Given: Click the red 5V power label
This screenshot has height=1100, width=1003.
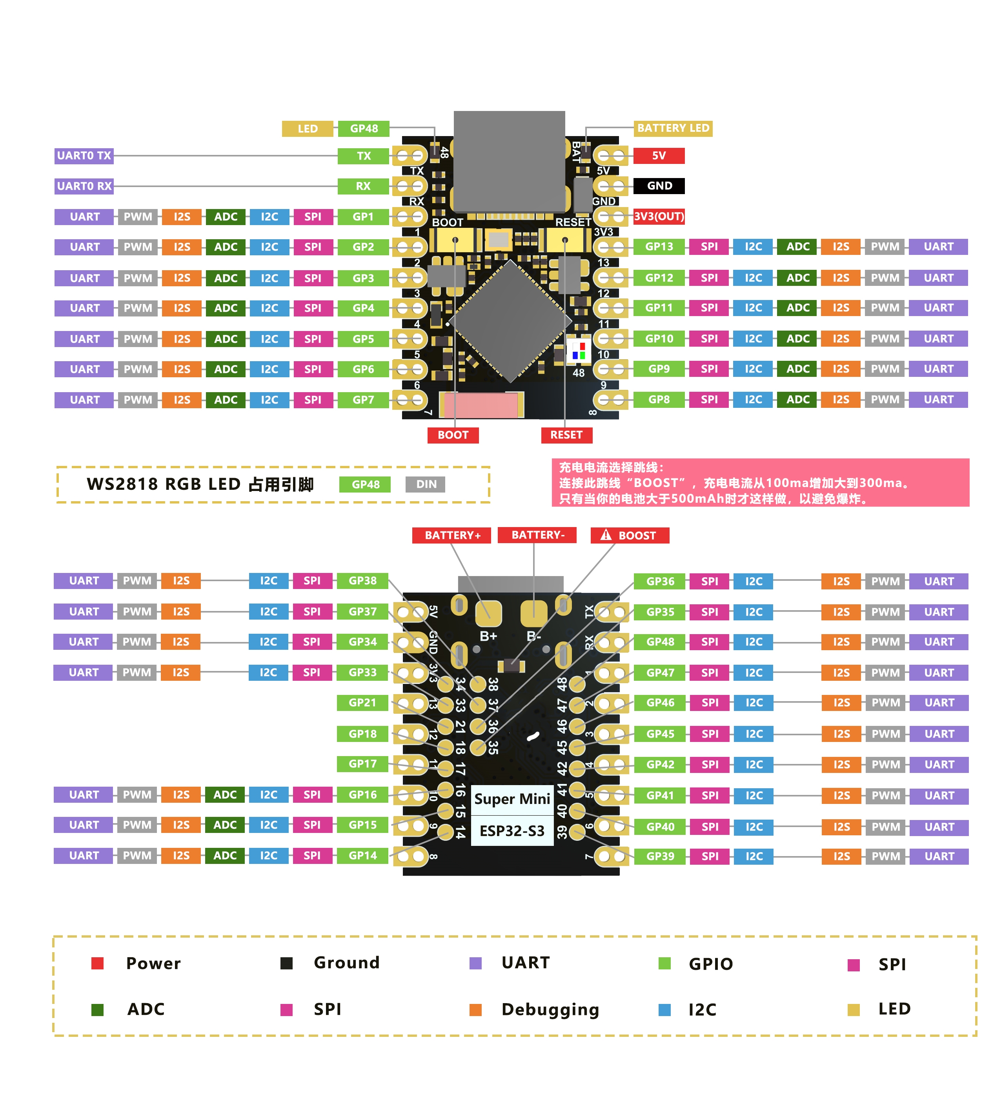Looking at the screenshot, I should tap(658, 156).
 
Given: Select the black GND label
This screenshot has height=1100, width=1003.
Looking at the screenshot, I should tap(658, 185).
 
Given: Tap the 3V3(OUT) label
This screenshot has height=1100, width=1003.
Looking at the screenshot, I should tap(658, 216).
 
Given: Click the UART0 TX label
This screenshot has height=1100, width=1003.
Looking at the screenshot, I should tap(84, 156).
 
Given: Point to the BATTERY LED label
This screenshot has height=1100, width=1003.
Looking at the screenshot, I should tap(672, 128).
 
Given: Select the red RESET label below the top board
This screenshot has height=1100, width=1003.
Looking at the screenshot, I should tap(566, 435).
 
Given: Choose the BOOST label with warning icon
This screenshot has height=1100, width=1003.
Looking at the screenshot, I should tap(629, 535).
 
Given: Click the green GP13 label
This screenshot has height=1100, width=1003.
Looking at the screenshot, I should tap(658, 247).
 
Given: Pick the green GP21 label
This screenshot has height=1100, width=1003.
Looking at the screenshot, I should tap(362, 703).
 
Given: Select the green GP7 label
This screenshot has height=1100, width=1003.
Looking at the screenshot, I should tap(363, 400).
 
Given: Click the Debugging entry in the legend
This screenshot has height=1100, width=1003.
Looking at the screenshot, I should tap(550, 1009).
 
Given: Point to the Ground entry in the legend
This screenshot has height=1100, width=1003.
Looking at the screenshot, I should tap(346, 963).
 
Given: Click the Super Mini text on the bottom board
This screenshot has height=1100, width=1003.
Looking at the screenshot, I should tap(512, 799).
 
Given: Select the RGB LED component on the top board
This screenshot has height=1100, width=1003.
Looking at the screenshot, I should tap(579, 351).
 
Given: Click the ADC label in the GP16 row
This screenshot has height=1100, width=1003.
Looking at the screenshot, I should tap(225, 795).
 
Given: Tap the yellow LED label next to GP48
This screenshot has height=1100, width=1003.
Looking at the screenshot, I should tap(307, 129).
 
